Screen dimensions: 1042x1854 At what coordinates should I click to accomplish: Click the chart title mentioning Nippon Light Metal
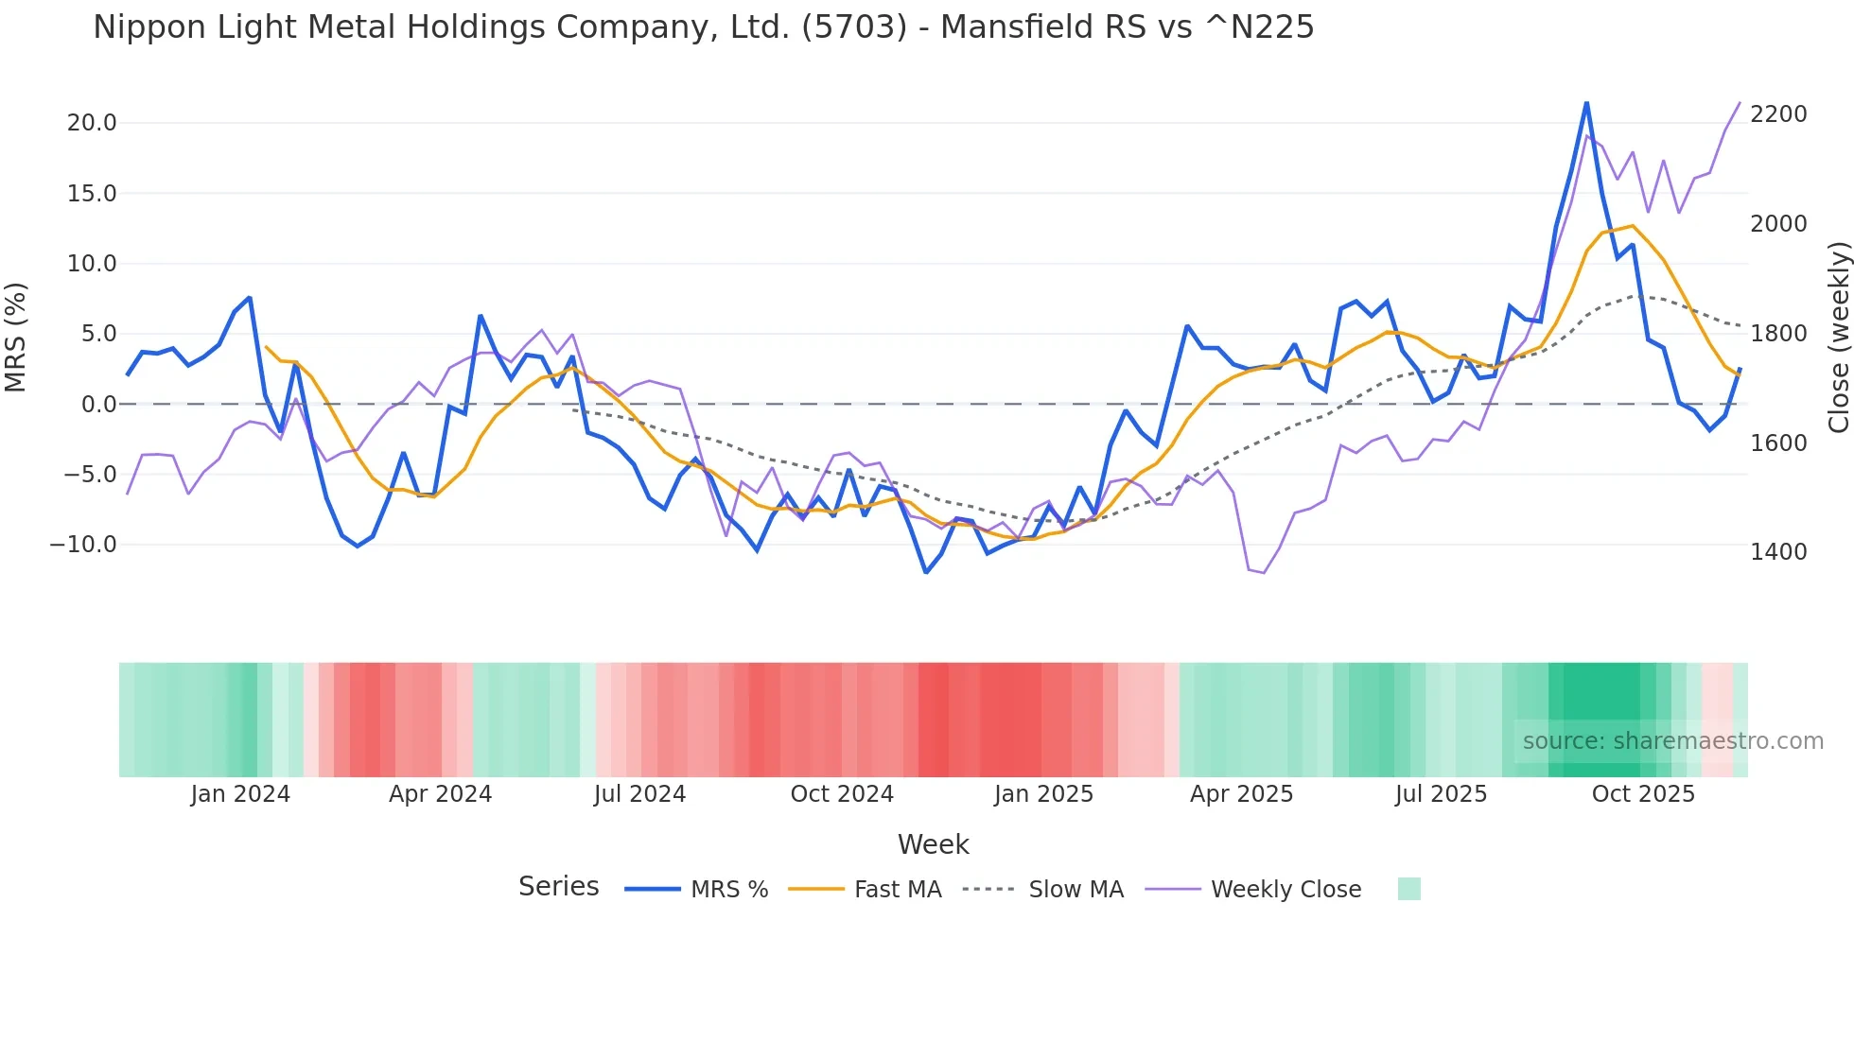tap(703, 27)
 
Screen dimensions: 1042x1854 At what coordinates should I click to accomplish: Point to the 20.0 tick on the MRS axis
tap(92, 123)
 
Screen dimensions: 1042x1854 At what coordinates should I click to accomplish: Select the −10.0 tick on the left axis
tap(83, 545)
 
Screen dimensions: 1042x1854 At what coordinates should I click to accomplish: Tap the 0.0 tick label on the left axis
tap(99, 405)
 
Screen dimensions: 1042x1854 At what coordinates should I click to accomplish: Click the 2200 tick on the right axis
tap(1778, 114)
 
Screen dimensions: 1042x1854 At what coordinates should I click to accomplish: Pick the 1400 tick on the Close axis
tap(1778, 552)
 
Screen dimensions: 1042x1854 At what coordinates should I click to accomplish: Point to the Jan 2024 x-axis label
tap(240, 794)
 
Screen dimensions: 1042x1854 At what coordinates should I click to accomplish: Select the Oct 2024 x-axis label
tap(842, 794)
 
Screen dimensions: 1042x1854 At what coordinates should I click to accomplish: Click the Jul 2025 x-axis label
tap(1441, 794)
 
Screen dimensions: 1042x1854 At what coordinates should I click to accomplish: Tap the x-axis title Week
tap(933, 844)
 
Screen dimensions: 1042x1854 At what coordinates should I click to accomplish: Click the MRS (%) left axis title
tap(16, 337)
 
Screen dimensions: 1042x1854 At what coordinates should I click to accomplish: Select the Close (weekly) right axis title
tap(1838, 337)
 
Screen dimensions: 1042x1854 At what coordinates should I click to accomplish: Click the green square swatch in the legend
tap(1408, 889)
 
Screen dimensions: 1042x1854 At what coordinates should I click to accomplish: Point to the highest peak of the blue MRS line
tap(1586, 103)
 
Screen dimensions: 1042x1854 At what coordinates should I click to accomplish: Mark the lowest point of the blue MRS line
tap(926, 572)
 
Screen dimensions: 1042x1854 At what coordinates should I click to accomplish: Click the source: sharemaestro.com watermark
tap(1672, 741)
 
